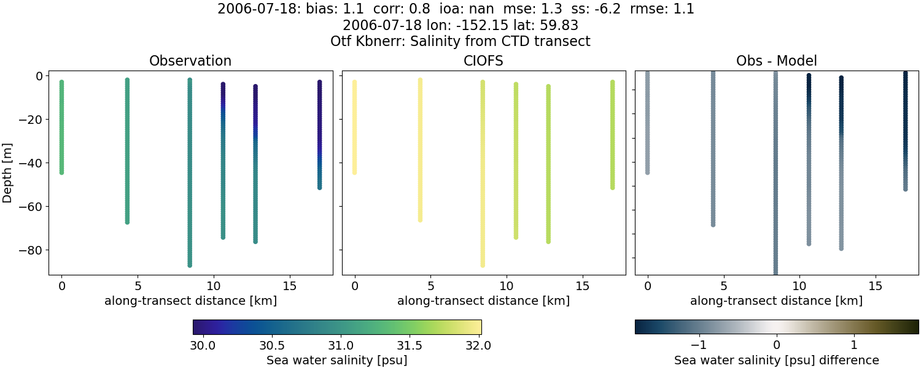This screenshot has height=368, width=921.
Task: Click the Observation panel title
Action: [x=190, y=61]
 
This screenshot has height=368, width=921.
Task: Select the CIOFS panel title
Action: [x=484, y=61]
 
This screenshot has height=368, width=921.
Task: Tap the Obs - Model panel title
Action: [x=776, y=61]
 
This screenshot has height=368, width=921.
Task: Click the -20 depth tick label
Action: [x=29, y=120]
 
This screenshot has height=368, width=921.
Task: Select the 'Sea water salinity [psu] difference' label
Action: [x=776, y=360]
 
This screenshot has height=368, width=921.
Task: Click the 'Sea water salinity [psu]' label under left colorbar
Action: [x=336, y=360]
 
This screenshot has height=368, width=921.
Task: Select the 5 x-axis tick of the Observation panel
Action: [x=138, y=286]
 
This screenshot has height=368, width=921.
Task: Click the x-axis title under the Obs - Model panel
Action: [x=776, y=301]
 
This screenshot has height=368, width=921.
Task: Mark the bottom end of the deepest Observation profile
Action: [x=190, y=265]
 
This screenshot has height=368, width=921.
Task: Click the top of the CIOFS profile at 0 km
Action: [x=354, y=82]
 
